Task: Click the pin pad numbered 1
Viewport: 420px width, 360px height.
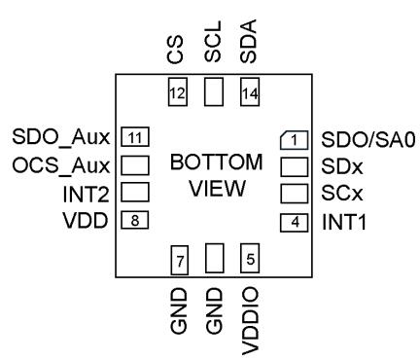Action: [294, 140]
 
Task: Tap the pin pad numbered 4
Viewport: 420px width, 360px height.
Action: [294, 223]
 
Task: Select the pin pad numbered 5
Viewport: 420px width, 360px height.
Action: [250, 258]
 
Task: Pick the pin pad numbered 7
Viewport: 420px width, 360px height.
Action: [180, 260]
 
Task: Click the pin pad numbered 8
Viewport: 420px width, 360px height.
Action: [135, 220]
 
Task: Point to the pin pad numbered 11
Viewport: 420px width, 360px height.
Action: [135, 137]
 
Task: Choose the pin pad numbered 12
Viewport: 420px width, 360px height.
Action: [178, 91]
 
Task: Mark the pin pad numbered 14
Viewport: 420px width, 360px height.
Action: [250, 91]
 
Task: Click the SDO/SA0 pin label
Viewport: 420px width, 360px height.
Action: [368, 140]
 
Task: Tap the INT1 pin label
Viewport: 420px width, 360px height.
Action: [344, 223]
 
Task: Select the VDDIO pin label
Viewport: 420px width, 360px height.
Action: [250, 320]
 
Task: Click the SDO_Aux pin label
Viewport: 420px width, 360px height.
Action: [61, 137]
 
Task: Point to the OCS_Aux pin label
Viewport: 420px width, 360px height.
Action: [61, 165]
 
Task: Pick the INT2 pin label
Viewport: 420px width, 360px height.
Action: [86, 195]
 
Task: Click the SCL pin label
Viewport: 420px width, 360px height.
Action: [213, 42]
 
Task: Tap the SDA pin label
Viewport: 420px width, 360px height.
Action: [249, 41]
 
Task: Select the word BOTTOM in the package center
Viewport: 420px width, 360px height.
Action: [216, 162]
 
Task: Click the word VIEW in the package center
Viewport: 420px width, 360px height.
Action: [217, 189]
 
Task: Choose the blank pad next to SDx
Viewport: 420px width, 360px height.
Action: [294, 167]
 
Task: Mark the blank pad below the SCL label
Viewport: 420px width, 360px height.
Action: [214, 91]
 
